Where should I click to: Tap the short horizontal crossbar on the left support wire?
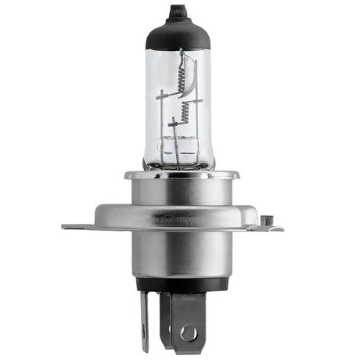click(164, 95)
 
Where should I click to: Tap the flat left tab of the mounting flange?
click(78, 227)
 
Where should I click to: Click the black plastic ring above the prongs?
click(180, 284)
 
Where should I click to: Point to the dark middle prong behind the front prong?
click(167, 309)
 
